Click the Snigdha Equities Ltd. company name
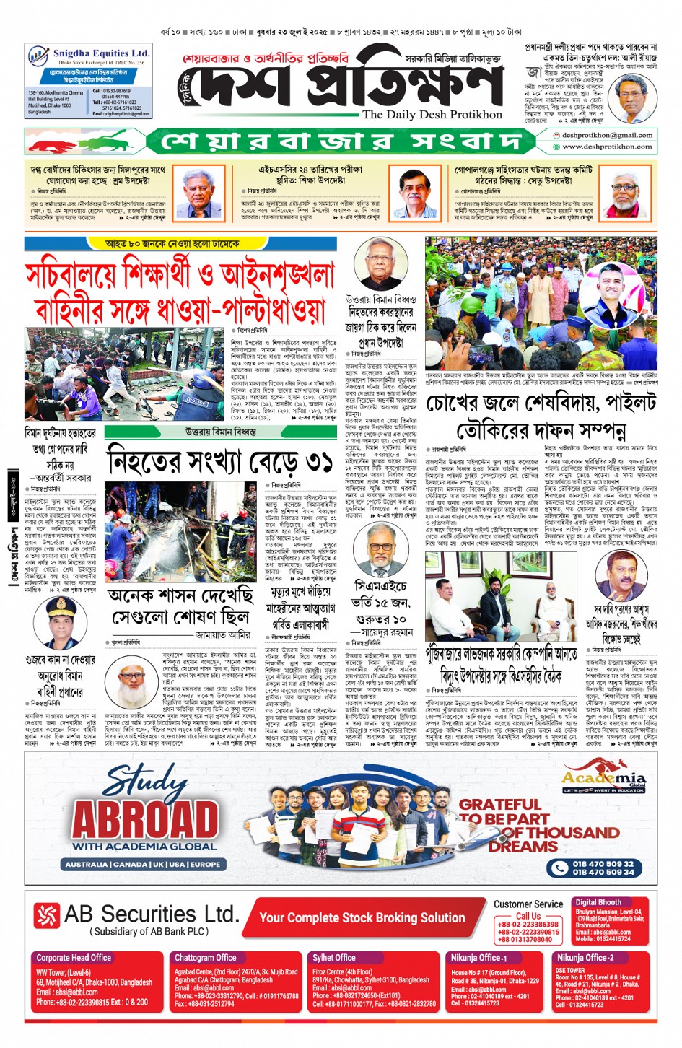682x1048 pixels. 100,53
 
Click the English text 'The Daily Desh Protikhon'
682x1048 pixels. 432,114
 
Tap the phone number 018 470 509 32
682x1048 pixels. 603,863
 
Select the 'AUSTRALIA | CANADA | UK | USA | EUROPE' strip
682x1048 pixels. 143,864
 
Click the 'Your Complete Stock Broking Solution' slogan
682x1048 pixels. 362,917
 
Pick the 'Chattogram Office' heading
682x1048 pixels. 205,958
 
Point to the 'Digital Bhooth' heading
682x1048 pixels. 598,902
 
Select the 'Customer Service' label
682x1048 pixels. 528,904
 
